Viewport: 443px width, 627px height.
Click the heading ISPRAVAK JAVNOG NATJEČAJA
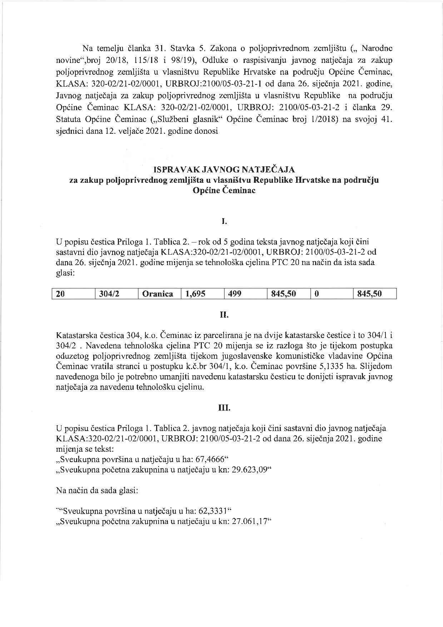(224, 169)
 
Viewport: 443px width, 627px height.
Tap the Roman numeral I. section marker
(224, 222)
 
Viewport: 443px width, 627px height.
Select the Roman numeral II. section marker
(224, 315)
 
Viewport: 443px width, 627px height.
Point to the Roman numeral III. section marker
(224, 408)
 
